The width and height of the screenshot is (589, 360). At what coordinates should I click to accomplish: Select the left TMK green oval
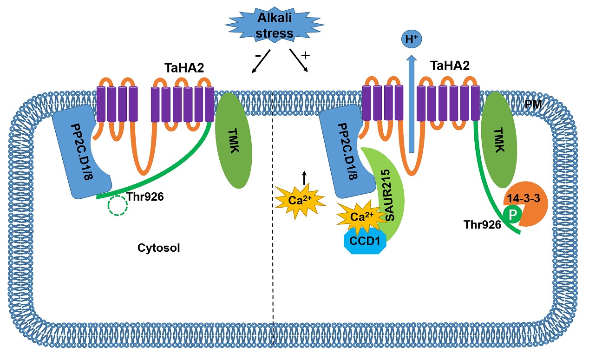[x=234, y=138]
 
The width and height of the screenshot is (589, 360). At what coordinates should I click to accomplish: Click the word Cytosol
[x=159, y=248]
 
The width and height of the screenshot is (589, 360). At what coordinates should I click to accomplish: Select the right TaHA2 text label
[x=450, y=65]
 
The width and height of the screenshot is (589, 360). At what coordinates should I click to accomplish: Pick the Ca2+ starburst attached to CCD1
[x=358, y=218]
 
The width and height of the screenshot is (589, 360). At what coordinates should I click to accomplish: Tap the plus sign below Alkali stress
[x=305, y=55]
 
